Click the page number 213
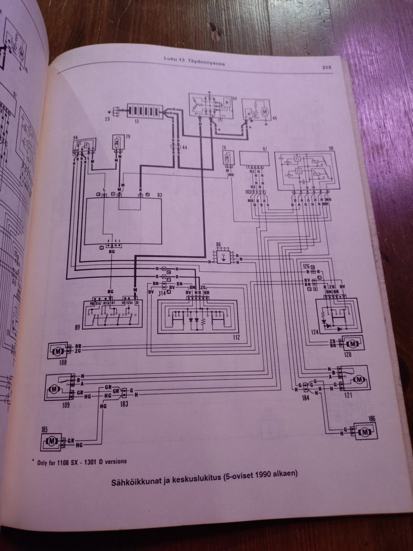click(x=326, y=67)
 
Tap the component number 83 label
click(x=160, y=196)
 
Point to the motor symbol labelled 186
click(x=364, y=431)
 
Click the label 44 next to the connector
click(x=185, y=148)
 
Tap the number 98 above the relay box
click(x=331, y=148)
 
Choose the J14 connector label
click(x=162, y=293)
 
